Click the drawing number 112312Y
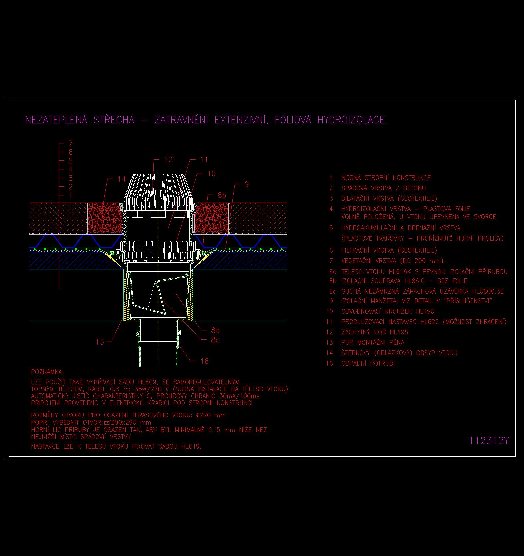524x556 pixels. click(489, 441)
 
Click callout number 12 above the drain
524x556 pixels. click(168, 160)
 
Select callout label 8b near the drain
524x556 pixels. click(222, 195)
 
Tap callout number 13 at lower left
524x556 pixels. click(100, 342)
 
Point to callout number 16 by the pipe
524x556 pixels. click(204, 361)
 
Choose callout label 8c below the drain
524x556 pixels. click(215, 340)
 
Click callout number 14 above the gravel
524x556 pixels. click(122, 179)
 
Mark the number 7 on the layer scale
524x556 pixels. click(70, 143)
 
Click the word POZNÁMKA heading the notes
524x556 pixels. click(47, 372)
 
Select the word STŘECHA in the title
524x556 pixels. click(114, 120)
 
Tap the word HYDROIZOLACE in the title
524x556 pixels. click(351, 120)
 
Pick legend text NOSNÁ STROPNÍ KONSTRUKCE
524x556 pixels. click(386, 178)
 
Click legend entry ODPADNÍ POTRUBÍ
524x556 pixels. click(368, 364)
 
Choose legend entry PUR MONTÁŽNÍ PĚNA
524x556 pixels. click(373, 343)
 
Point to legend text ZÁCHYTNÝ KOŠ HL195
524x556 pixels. click(375, 332)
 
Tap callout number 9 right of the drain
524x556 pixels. click(246, 184)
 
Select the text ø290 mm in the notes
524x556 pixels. click(211, 415)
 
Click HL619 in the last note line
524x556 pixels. click(191, 447)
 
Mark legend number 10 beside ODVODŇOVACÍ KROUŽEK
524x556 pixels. click(329, 312)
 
